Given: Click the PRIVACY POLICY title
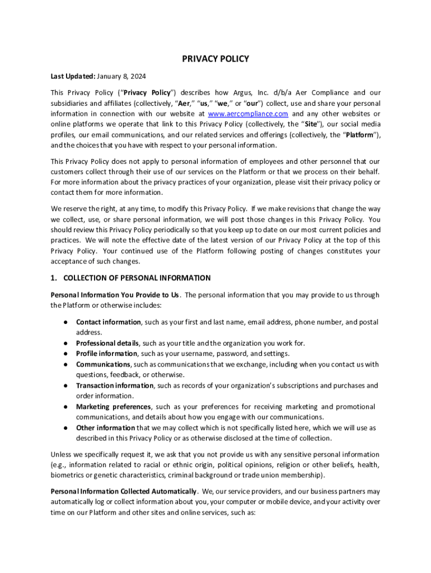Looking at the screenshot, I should pos(215,59).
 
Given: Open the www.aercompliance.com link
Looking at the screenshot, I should pos(248,114).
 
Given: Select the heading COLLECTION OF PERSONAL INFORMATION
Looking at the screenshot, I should pos(137,278).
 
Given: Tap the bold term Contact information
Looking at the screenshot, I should pos(109,322).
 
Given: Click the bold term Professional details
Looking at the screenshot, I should pos(107,343).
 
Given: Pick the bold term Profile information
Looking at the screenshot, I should pos(106,354).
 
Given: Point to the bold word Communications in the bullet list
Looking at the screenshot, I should pos(103,364).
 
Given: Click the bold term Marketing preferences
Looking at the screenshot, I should pos(114,407).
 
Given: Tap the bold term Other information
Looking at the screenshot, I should pos(105,428).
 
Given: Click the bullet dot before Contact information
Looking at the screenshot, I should pos(65,322).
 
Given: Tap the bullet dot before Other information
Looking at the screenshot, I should pos(65,428).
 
